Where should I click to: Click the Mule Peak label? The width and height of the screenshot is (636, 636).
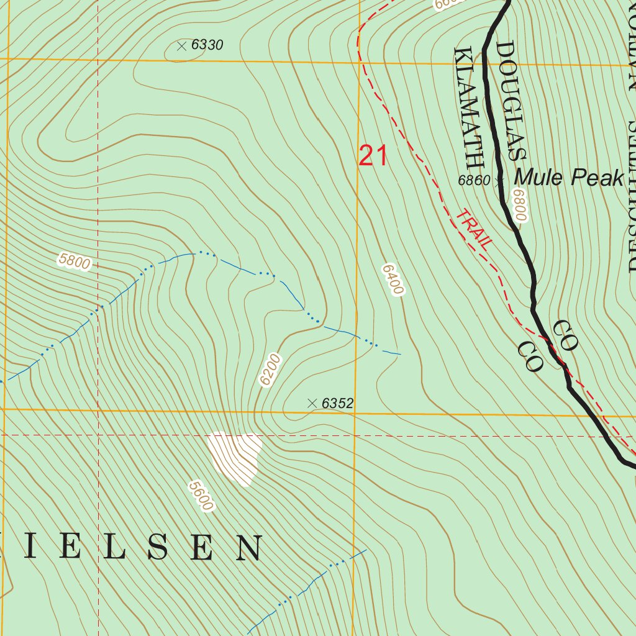(568, 178)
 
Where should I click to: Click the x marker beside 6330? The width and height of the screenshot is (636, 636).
(181, 45)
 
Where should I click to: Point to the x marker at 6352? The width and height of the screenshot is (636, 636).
(312, 403)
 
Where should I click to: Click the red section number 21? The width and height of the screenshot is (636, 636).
(373, 156)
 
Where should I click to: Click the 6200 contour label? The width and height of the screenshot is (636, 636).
(271, 371)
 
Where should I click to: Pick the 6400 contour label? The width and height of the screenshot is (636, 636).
(393, 279)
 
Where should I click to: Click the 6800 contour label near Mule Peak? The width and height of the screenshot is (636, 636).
(520, 206)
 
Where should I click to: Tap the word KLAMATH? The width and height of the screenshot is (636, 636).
(469, 108)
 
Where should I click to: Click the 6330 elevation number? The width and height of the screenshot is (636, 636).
(207, 45)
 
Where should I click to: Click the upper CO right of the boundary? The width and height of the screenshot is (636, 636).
(565, 335)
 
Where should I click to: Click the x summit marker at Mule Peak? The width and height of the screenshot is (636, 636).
(499, 181)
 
